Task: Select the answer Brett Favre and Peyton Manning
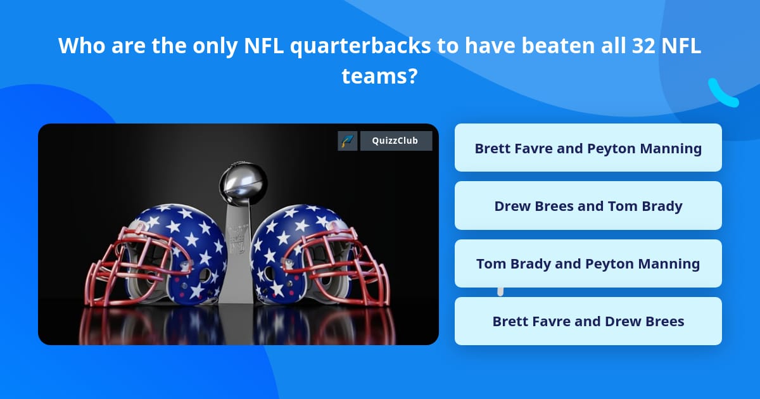[x=588, y=148]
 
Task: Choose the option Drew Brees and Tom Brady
[x=588, y=206]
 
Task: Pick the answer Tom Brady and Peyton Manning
[x=588, y=263]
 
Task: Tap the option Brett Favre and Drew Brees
[x=588, y=321]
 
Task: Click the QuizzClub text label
[x=395, y=141]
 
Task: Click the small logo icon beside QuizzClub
[x=348, y=141]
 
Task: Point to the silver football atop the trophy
[x=243, y=182]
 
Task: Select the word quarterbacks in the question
[x=360, y=46]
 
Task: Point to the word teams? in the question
[x=379, y=77]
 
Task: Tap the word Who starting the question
[x=82, y=46]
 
